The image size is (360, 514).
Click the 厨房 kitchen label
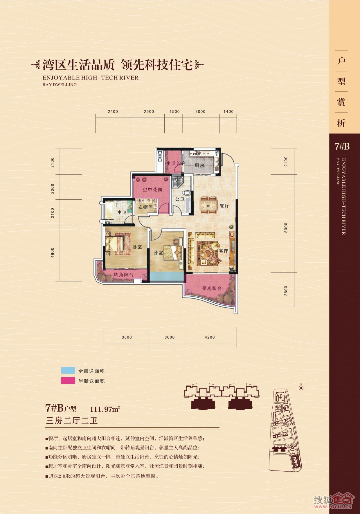point(199,165)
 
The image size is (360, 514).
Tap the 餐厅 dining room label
point(224,206)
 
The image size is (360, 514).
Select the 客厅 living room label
point(224,251)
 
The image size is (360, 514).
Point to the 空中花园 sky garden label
point(152,190)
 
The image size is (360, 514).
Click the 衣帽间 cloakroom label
point(145,207)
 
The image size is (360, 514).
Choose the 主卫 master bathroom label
point(122,213)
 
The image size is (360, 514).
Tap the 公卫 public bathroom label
point(180,199)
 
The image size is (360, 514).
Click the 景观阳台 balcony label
point(212,288)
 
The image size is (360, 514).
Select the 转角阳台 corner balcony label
point(123,275)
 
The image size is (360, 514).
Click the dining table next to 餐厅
point(208,205)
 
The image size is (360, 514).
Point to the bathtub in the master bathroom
point(109,211)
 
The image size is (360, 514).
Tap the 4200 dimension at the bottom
point(210,337)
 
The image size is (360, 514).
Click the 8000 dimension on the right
point(286,228)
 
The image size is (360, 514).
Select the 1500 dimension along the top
point(174,111)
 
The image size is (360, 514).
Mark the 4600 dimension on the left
point(53,253)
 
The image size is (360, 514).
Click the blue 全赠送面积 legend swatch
point(68,370)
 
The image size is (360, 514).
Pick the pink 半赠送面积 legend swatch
point(68,380)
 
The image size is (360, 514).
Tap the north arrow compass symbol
point(301,387)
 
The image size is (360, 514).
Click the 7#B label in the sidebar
point(342,147)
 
